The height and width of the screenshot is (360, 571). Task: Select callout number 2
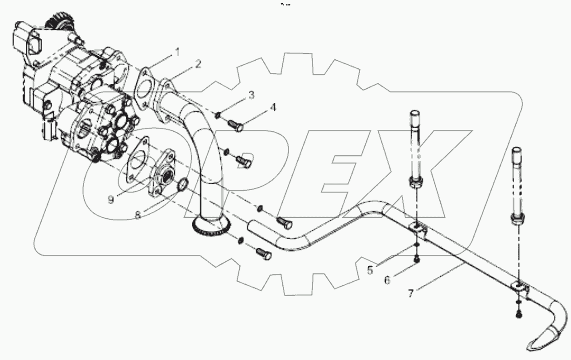(198, 65)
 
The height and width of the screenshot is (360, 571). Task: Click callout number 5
(370, 271)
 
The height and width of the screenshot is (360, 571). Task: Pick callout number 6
(387, 281)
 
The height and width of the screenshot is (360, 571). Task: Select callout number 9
(110, 199)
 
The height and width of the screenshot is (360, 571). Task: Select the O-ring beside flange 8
(183, 185)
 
